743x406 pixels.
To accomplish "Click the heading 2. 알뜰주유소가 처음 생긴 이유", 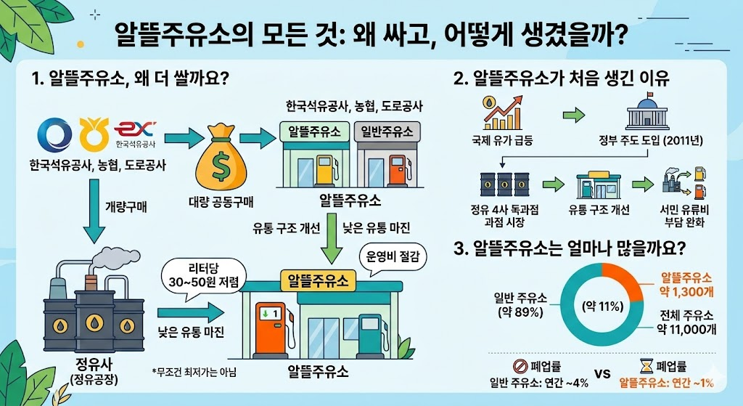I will [x=571, y=78].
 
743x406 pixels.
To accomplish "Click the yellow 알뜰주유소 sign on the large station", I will [x=317, y=280].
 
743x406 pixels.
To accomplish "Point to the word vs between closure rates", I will [x=602, y=375].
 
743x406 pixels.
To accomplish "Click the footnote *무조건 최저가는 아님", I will [x=194, y=373].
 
